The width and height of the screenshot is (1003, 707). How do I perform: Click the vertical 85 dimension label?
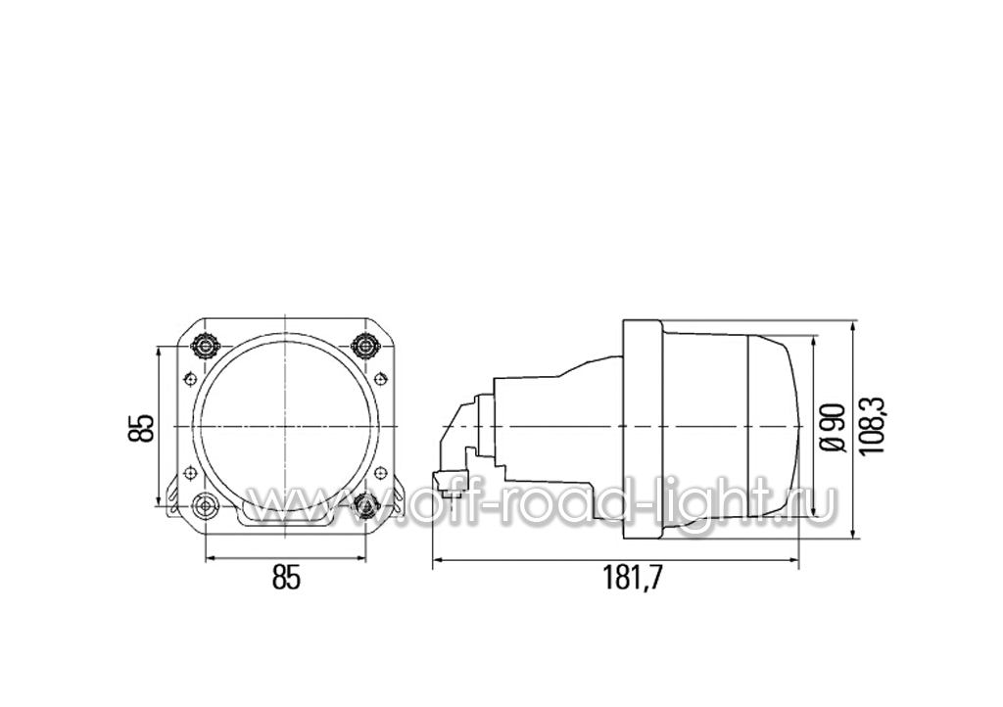pyautogui.click(x=141, y=428)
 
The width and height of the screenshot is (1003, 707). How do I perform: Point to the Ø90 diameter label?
pyautogui.click(x=835, y=427)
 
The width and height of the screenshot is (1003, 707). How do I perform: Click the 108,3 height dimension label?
pyautogui.click(x=872, y=425)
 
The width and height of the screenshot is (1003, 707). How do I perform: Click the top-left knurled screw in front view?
pyautogui.click(x=206, y=346)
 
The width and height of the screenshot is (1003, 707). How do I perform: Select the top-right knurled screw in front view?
pyautogui.click(x=366, y=346)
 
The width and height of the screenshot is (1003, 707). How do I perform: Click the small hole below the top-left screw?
pyautogui.click(x=189, y=379)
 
